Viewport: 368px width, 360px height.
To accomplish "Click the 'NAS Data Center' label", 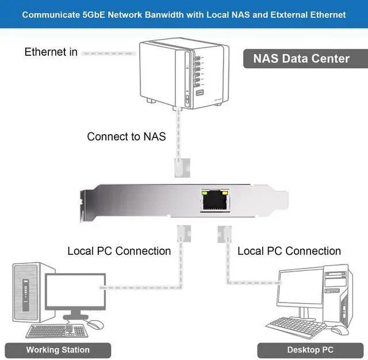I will click(x=301, y=58).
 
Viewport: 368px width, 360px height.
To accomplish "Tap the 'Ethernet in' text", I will click(x=51, y=52).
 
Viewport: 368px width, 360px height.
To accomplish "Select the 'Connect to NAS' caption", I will click(x=126, y=137).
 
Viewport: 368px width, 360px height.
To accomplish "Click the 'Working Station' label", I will click(x=58, y=350).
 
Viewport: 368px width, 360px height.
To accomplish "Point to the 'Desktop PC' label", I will click(x=310, y=350).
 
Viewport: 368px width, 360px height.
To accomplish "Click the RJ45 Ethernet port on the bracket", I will click(x=214, y=201).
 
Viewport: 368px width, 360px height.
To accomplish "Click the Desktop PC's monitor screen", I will click(x=299, y=290).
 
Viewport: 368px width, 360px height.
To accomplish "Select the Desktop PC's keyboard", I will click(x=296, y=326).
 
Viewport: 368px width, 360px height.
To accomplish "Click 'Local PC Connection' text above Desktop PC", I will click(x=289, y=251).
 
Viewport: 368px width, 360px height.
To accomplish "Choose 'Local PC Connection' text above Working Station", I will click(x=119, y=251).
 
